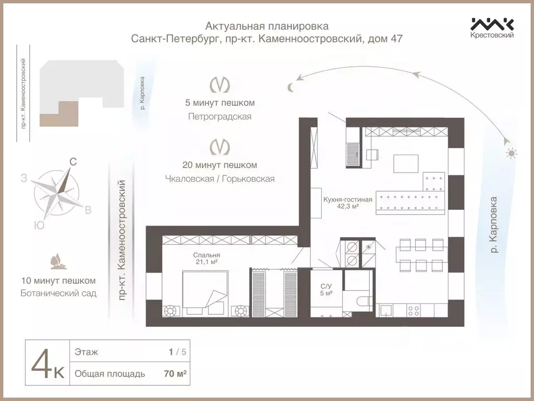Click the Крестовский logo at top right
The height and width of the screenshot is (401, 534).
pyautogui.click(x=492, y=27)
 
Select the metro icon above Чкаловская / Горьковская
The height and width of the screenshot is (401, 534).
pyautogui.click(x=220, y=147)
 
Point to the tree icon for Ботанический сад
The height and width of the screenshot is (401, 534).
pyautogui.click(x=55, y=261)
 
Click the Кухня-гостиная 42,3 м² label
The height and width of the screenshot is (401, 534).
pyautogui.click(x=347, y=203)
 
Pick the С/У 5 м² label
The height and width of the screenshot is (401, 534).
pyautogui.click(x=326, y=289)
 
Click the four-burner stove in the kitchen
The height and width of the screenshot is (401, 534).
pyautogui.click(x=414, y=310)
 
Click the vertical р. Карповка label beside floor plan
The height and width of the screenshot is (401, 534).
pyautogui.click(x=494, y=225)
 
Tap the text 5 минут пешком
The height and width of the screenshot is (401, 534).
pyautogui.click(x=220, y=102)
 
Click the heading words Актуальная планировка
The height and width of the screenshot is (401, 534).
pyautogui.click(x=267, y=26)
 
